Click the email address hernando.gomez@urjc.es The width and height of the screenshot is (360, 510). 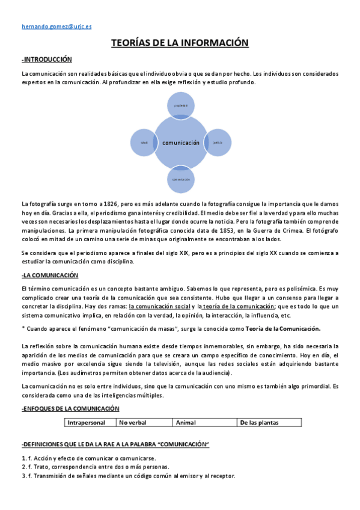56,27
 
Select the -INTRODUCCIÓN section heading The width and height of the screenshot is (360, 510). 47,60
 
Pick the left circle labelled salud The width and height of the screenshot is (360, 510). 144,143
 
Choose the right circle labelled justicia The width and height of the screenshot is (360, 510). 218,143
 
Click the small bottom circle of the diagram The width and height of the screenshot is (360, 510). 181,179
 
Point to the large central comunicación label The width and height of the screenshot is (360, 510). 180,143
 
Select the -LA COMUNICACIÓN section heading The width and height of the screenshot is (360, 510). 50,275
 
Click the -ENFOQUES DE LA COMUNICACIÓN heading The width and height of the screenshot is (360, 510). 70,409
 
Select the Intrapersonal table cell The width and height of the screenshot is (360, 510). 90,423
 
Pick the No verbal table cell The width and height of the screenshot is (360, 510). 144,423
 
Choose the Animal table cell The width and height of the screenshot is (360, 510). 204,423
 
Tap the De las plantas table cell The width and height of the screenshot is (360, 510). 269,423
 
